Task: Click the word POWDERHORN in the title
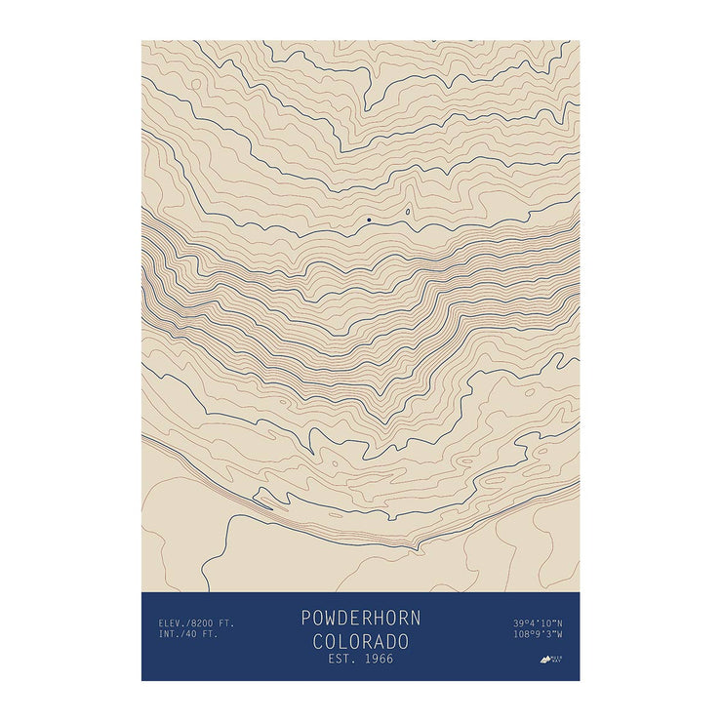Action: coord(360,618)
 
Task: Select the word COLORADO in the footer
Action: coord(360,641)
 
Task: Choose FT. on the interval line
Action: coord(212,634)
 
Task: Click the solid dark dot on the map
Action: coord(369,220)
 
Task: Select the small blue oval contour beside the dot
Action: coord(407,211)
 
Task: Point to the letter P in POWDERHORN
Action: coord(305,618)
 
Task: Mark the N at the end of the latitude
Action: coord(560,622)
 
